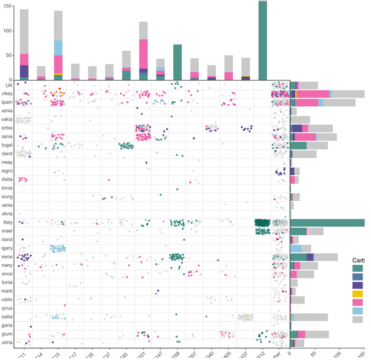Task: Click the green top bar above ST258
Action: click(x=178, y=62)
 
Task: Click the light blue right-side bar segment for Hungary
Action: click(x=296, y=248)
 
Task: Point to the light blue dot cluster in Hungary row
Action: click(x=58, y=248)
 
